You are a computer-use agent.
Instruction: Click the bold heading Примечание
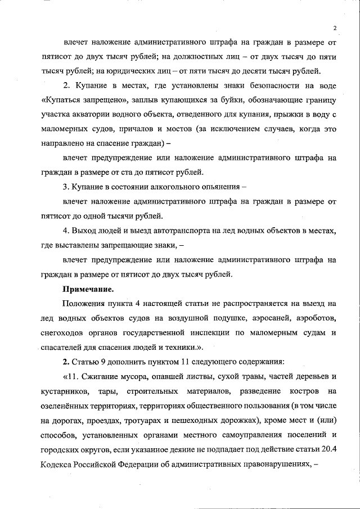[x=88, y=290]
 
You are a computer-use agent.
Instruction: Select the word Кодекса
[x=57, y=465]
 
